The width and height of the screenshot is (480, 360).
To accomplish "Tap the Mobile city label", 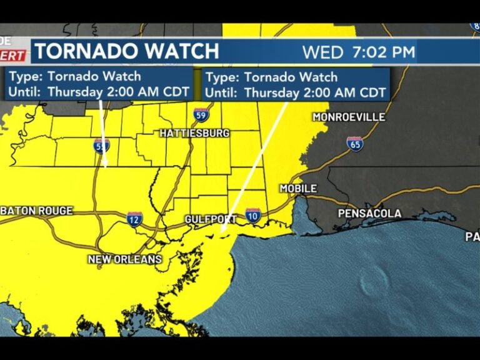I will pos(298,188).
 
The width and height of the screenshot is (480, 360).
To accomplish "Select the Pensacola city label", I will pos(369,214).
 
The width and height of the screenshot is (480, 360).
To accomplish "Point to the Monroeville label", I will pos(349,117).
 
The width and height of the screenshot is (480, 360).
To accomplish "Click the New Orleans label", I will pos(125,259).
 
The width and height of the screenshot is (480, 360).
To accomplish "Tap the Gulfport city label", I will pos(211,219).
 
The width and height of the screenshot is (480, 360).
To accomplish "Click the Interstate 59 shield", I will pos(201,114).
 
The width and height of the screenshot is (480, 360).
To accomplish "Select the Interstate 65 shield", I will pos(354,144).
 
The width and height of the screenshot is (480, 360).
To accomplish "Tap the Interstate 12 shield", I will pos(134,218).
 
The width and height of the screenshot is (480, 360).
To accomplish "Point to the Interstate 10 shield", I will pos(253,216).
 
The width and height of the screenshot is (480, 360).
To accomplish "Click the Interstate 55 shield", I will pos(102,146).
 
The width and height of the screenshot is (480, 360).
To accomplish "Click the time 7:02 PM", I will pos(384,52).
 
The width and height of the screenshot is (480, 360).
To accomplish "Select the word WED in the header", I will pos(322,52).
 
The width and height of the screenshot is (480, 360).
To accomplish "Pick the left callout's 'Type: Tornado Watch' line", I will pos(74,76).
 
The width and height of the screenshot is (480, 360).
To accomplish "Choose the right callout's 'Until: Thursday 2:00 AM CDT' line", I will pos(296,92).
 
